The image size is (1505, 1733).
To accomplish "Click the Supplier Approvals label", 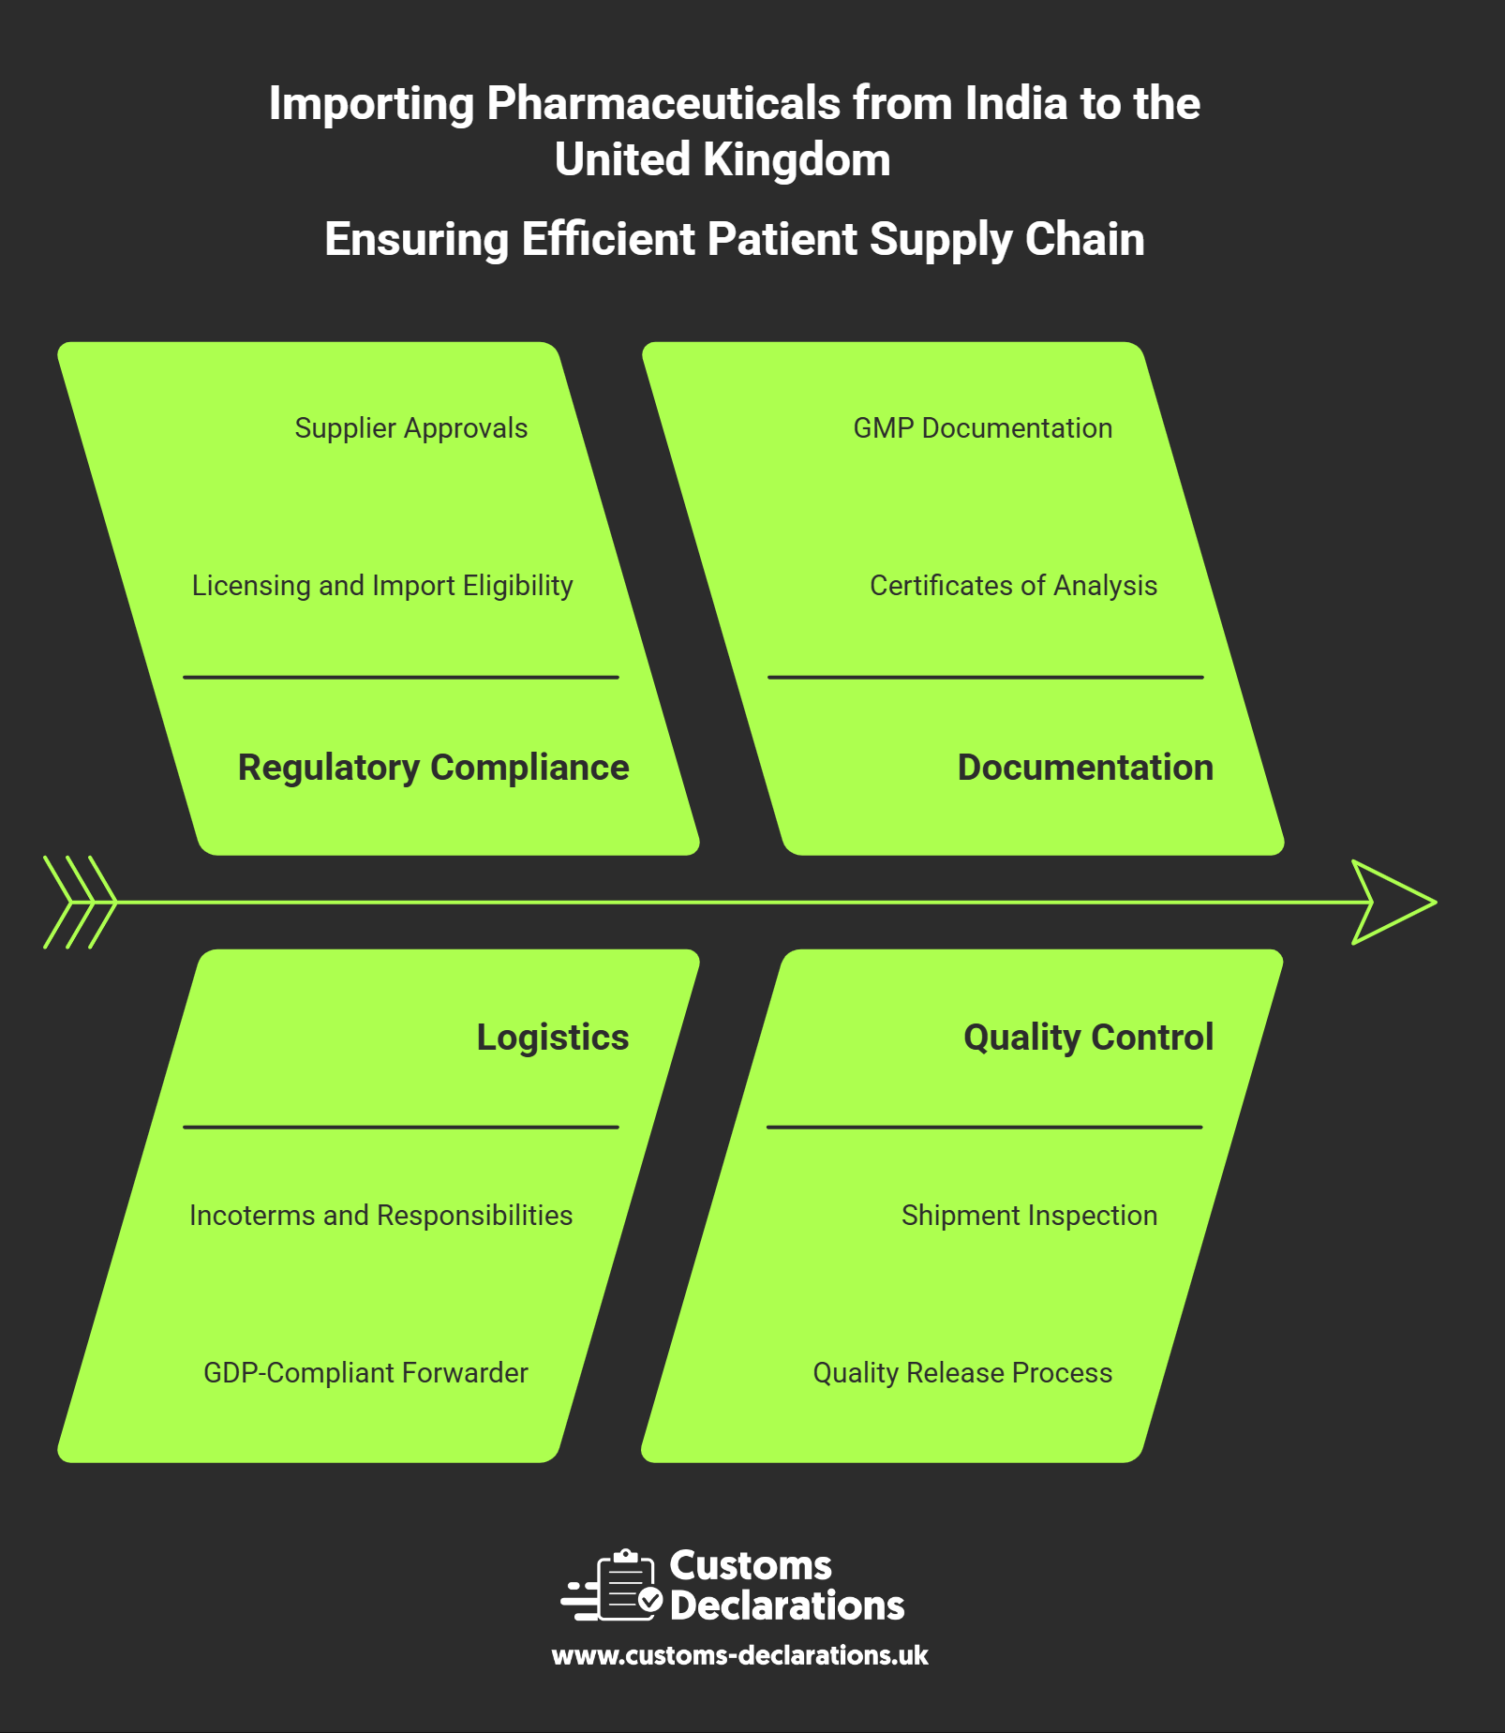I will pyautogui.click(x=410, y=428).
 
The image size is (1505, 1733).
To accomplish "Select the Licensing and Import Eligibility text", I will pyautogui.click(x=382, y=586).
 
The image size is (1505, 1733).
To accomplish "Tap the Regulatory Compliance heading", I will pyautogui.click(x=433, y=768).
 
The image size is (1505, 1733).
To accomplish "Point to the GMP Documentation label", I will pyautogui.click(x=982, y=428).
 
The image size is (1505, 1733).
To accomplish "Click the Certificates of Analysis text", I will pyautogui.click(x=1013, y=586).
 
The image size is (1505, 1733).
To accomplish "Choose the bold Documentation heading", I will pyautogui.click(x=1084, y=768).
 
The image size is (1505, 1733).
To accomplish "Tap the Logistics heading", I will pyautogui.click(x=552, y=1038).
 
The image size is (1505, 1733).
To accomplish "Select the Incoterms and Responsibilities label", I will pyautogui.click(x=380, y=1216).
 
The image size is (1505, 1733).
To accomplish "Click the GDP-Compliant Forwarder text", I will pyautogui.click(x=365, y=1373).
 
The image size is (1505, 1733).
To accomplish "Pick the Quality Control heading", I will pyautogui.click(x=1088, y=1038).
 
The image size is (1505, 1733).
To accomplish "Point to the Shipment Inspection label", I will pyautogui.click(x=1029, y=1216).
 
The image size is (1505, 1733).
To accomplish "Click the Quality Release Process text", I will pyautogui.click(x=962, y=1373).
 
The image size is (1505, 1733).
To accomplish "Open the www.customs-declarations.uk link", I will pyautogui.click(x=739, y=1655).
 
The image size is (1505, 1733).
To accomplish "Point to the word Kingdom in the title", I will pyautogui.click(x=796, y=159).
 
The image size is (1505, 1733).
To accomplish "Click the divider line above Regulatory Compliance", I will pyautogui.click(x=401, y=677).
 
